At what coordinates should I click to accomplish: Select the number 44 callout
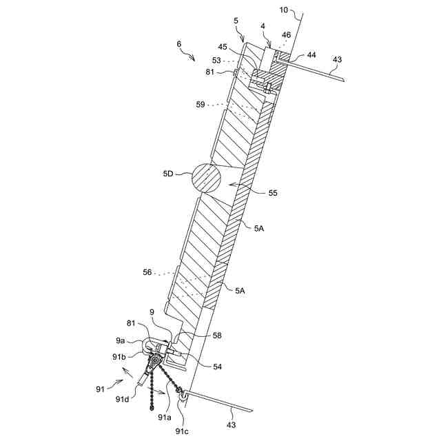point(311,54)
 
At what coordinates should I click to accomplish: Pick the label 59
point(201,104)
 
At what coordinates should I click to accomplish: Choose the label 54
point(216,367)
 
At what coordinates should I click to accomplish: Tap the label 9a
point(120,340)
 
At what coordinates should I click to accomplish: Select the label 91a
point(165,417)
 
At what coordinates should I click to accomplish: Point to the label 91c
point(181,431)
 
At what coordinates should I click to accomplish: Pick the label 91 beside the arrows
point(101,389)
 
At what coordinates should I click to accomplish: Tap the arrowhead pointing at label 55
point(229,185)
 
